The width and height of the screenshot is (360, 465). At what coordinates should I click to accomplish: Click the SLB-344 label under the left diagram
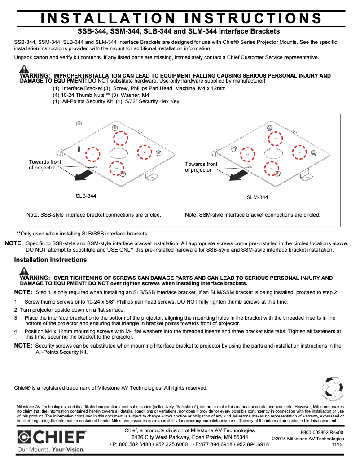coord(86,196)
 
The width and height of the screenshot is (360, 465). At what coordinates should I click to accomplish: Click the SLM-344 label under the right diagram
coord(258,197)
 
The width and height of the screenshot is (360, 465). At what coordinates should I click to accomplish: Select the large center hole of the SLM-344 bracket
coord(273,153)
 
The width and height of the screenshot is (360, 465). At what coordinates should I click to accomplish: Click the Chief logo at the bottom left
coord(52,437)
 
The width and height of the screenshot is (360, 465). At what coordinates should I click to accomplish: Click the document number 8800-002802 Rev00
coord(322,432)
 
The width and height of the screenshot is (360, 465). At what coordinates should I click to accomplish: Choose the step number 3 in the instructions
coord(16,318)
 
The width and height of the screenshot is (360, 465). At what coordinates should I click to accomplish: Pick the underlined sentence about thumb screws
coord(233,302)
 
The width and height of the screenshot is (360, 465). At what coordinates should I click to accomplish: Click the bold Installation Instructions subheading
coord(50,260)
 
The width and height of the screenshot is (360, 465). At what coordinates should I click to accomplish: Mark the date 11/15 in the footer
coord(337,444)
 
